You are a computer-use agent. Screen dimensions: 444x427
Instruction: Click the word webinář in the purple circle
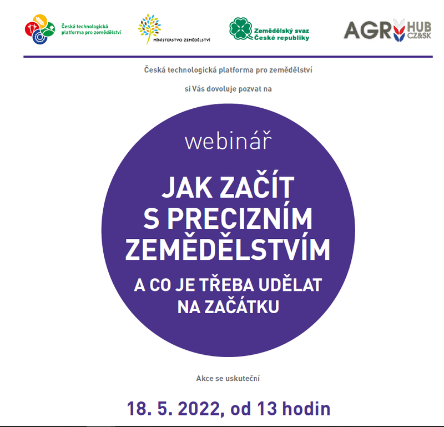click(228, 140)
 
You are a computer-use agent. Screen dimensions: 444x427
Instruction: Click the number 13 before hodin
click(267, 409)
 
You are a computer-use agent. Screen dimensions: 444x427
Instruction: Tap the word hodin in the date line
click(306, 408)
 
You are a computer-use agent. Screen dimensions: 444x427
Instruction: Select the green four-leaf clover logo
click(241, 29)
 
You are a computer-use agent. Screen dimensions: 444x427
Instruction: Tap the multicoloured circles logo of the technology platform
click(39, 29)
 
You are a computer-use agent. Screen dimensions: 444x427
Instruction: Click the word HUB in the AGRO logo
click(419, 27)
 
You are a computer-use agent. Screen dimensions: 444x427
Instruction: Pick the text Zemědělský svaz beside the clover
click(281, 31)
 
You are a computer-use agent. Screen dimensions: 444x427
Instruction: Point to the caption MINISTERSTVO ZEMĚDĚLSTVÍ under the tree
click(181, 40)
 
